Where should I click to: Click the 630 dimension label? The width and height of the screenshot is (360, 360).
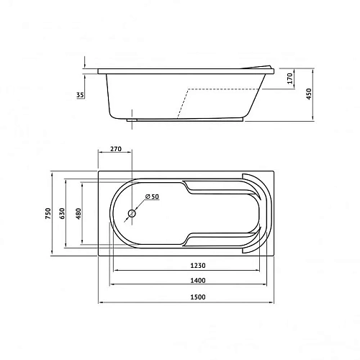(62, 214)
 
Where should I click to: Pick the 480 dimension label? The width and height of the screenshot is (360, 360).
(78, 214)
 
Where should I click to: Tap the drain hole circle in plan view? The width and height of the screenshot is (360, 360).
(132, 214)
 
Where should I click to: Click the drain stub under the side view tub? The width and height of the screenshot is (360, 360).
(133, 120)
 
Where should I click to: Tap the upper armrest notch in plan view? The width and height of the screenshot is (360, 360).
(189, 188)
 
